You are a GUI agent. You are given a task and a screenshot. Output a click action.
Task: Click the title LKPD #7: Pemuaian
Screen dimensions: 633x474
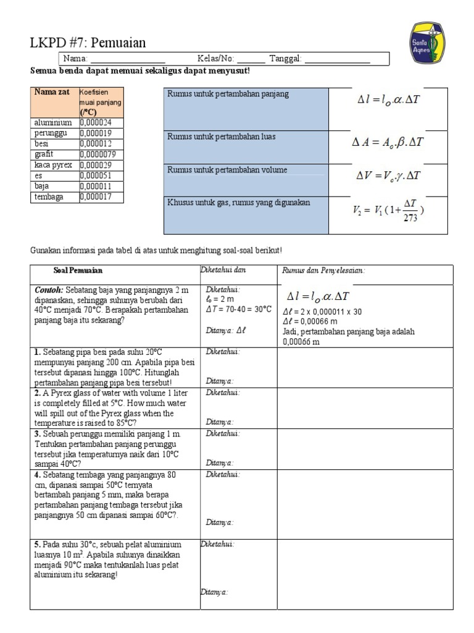pos(88,43)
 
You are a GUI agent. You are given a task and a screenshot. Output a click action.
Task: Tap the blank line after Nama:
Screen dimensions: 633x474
pos(128,59)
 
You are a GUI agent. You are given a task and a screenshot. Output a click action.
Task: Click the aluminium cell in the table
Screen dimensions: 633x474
pos(53,123)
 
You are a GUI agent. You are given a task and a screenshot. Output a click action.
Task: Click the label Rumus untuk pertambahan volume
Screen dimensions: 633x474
pos(227,170)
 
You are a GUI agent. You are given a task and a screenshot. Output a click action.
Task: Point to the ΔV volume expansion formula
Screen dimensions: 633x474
pos(388,176)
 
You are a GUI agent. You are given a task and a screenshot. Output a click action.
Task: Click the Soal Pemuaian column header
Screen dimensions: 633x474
pos(78,271)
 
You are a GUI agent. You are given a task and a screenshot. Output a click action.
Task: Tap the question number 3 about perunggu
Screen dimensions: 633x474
pos(37,434)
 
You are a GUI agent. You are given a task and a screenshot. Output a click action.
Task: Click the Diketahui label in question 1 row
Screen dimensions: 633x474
pos(223,352)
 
